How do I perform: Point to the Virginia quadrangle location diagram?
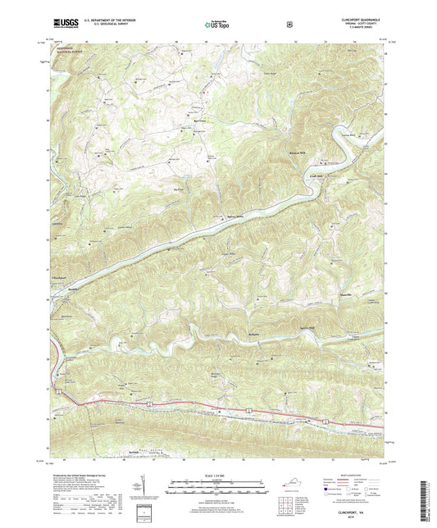[x=293, y=492]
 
